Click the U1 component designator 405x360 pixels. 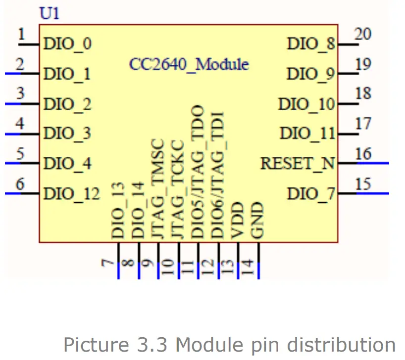50,14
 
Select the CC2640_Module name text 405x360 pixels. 189,64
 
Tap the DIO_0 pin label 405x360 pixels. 67,45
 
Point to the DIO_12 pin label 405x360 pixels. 71,193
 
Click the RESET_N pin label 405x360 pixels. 298,163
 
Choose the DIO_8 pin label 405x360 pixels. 311,45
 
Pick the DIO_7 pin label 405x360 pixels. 311,193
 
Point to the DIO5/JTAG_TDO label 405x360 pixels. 198,172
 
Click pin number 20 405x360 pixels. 363,34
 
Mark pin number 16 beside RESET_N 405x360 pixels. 363,154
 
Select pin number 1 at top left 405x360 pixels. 21,35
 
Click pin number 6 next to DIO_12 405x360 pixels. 20,184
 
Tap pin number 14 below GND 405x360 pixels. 249,267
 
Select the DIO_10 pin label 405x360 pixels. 306,104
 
